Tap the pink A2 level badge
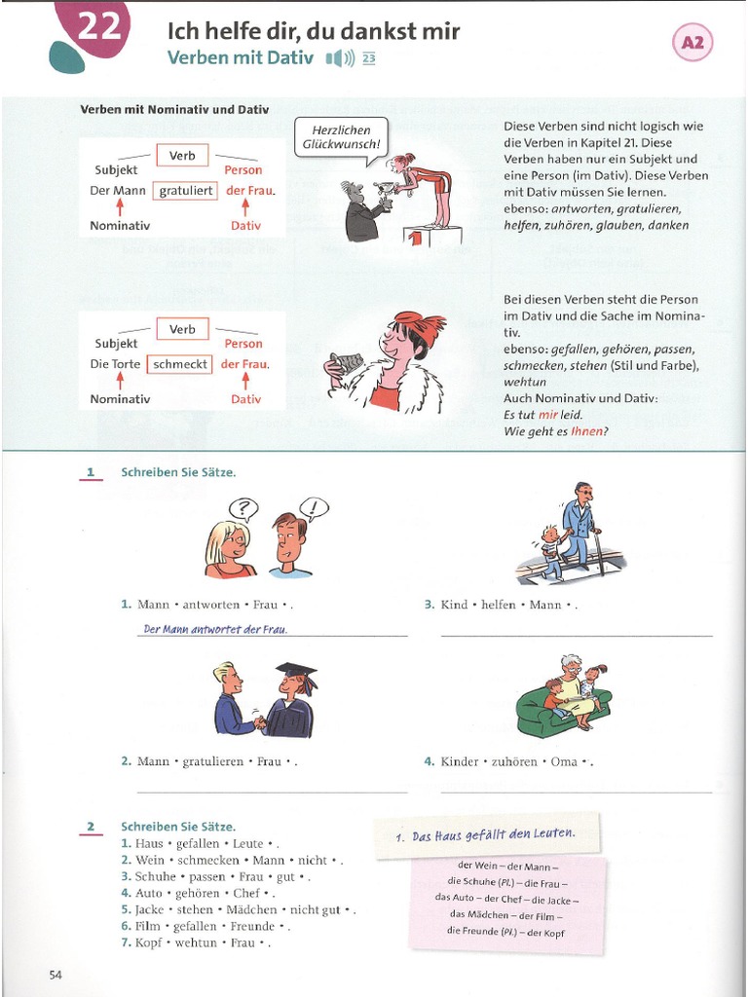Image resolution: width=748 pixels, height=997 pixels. (x=692, y=42)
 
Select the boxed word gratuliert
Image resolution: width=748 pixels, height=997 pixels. (x=186, y=191)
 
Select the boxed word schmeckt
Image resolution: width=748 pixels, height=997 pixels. (x=179, y=364)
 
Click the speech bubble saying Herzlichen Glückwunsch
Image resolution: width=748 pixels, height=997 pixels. (x=342, y=136)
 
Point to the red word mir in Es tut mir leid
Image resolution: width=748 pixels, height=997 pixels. (x=548, y=414)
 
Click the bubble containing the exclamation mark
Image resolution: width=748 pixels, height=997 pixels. (x=314, y=506)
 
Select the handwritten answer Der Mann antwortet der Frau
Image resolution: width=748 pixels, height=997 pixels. (x=215, y=629)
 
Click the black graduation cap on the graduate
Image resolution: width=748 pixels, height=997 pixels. (x=296, y=671)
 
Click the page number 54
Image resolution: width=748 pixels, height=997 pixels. (x=56, y=975)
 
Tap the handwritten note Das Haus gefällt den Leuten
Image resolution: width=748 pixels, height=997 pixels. (x=486, y=835)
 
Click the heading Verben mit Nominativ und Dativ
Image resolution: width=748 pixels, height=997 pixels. (x=174, y=110)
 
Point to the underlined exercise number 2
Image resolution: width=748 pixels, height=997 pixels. (x=91, y=828)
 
